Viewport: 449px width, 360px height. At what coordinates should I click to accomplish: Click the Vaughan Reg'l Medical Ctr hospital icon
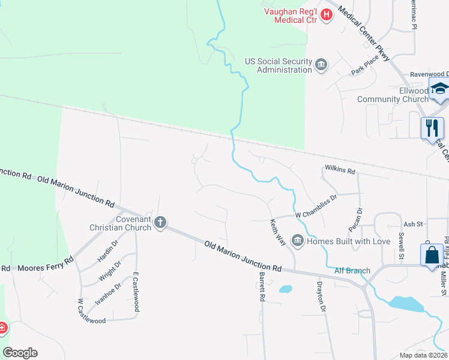click(327, 14)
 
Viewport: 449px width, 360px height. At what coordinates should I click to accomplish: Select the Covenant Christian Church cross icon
click(160, 223)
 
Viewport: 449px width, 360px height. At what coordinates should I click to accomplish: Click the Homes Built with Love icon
click(297, 241)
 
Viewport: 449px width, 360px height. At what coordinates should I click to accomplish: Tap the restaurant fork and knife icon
click(432, 127)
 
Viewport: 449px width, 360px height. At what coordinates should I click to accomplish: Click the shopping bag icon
click(432, 255)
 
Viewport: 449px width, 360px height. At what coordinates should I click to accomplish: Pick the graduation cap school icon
click(439, 89)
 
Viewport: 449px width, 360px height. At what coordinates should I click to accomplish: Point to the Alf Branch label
click(352, 271)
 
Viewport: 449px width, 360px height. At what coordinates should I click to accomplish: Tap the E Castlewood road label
click(136, 294)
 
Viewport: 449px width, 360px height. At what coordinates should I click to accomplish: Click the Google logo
click(20, 353)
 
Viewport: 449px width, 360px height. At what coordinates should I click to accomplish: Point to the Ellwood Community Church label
click(393, 95)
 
